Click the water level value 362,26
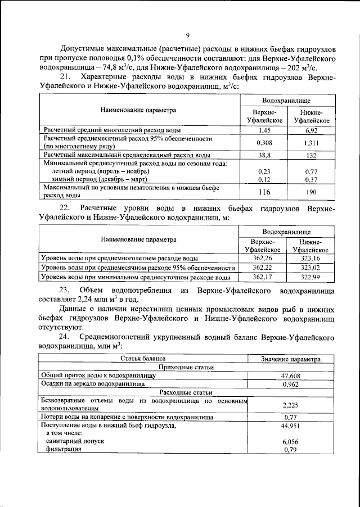262,258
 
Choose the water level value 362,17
262,277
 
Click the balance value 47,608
290,375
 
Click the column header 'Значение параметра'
290,359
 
